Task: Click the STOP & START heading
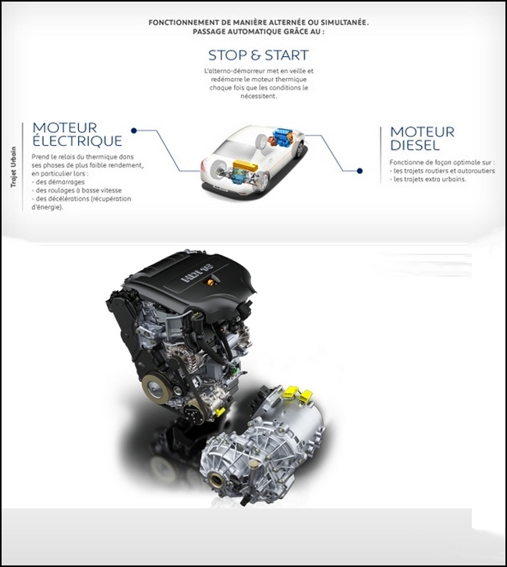tap(258, 55)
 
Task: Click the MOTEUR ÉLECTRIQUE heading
tap(77, 134)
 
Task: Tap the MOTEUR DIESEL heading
tap(422, 139)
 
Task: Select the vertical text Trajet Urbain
tap(13, 167)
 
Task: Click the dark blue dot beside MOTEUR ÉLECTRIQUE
tap(134, 130)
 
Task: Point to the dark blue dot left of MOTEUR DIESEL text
tap(360, 171)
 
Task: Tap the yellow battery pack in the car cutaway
tap(245, 167)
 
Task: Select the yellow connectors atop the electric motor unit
tap(297, 394)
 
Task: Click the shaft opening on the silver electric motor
tap(218, 480)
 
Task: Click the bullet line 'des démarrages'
tap(58, 182)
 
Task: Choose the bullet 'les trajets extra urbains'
tap(427, 179)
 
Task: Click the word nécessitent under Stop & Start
tap(258, 96)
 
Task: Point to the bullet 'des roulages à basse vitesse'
tap(76, 190)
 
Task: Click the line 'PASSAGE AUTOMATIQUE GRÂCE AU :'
tap(258, 31)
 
